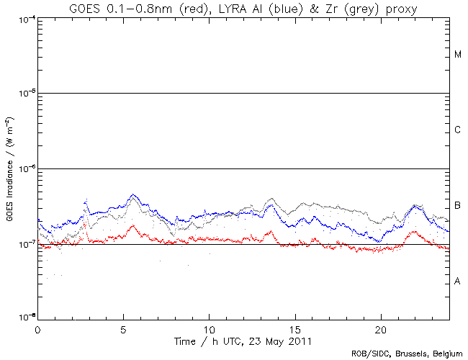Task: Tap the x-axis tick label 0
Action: coord(37,328)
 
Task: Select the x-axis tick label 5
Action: coord(123,328)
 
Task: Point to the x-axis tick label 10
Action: coord(209,328)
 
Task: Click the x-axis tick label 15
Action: coord(294,328)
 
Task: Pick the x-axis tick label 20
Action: coord(380,328)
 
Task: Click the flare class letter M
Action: coord(458,55)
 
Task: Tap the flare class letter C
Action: coord(458,130)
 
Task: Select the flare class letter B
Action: coord(458,206)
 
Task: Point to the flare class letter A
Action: coord(458,281)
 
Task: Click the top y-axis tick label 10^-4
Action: coord(24,19)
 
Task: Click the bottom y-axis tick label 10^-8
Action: coord(24,318)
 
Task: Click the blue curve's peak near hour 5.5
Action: coord(132,194)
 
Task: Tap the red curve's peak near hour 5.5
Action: coord(132,225)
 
